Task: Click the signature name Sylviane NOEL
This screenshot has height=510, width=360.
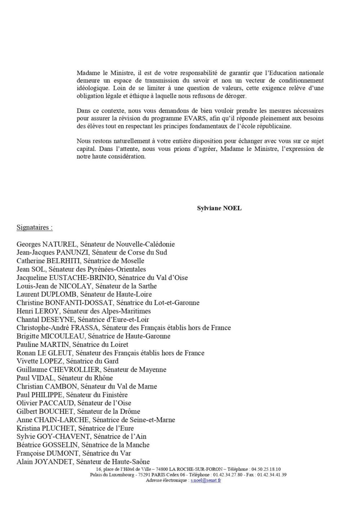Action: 219,208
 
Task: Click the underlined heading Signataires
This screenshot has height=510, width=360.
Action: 34,228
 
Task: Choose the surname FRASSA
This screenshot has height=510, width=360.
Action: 86,328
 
